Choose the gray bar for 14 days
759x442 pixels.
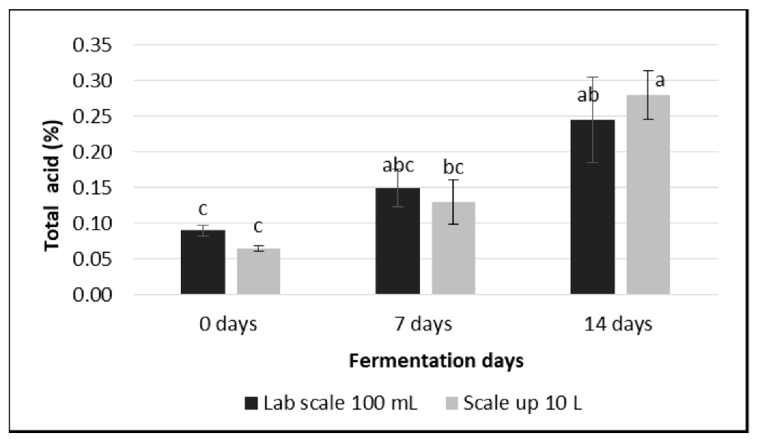click(x=648, y=195)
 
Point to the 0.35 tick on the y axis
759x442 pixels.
click(x=92, y=45)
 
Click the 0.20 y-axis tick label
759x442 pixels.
click(x=92, y=152)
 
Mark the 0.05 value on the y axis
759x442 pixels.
click(x=92, y=259)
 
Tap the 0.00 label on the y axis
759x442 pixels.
click(x=92, y=295)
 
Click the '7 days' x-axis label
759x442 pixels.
click(x=423, y=324)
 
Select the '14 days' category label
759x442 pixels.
click(x=618, y=324)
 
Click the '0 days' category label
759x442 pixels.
click(x=228, y=324)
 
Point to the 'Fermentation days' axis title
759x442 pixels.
click(x=436, y=361)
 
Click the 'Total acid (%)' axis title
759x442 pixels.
click(x=53, y=186)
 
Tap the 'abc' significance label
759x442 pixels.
click(x=398, y=166)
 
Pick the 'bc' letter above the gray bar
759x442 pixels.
click(x=453, y=168)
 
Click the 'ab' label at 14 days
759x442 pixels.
click(x=588, y=96)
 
